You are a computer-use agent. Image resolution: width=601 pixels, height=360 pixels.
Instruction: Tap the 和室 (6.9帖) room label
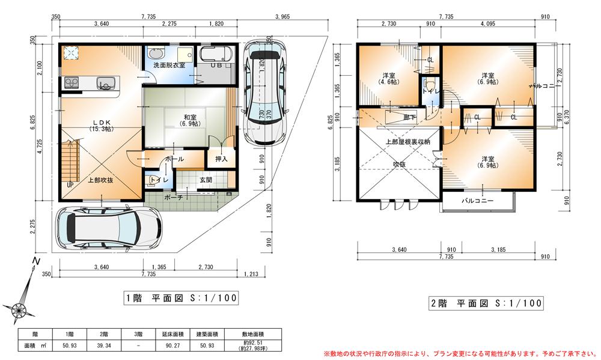pyautogui.click(x=174, y=120)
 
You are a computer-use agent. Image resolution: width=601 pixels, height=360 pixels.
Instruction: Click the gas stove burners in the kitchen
pyautogui.click(x=70, y=82)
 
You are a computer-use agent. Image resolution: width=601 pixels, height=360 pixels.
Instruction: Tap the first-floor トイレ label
pyautogui.click(x=158, y=180)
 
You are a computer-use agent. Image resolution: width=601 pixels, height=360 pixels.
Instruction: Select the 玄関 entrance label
pyautogui.click(x=204, y=180)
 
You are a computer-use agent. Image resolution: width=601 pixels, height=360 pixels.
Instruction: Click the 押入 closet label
pyautogui.click(x=221, y=160)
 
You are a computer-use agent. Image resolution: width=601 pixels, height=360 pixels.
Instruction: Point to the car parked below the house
pyautogui.click(x=109, y=228)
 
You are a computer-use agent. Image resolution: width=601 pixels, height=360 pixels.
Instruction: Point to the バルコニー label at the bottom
pyautogui.click(x=478, y=201)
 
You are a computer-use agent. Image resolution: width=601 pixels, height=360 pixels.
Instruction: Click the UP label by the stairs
pyautogui.click(x=71, y=185)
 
